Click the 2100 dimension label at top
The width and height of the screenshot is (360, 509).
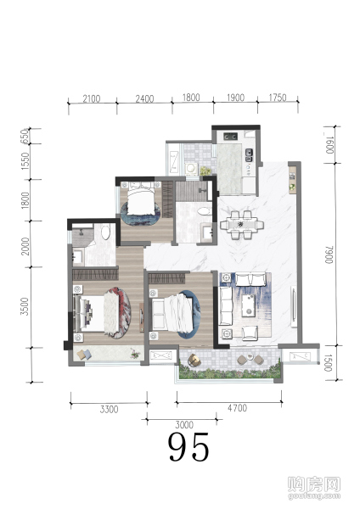tap(92, 98)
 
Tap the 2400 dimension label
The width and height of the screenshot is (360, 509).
tap(144, 98)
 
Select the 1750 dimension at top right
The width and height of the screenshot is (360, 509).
tap(278, 98)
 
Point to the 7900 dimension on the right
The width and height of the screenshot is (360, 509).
tap(329, 255)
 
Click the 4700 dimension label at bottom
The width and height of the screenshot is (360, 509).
tap(237, 408)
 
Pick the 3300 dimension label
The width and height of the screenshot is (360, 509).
tap(109, 410)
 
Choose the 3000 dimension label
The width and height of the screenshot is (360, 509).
tap(184, 425)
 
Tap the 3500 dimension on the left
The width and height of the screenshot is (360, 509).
tap(25, 306)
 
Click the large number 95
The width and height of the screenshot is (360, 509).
tap(188, 447)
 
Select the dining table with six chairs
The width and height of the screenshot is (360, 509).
tap(242, 225)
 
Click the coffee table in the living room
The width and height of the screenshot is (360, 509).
tap(250, 305)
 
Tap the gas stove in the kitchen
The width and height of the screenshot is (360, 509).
tap(230, 137)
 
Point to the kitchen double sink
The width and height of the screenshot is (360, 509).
tap(249, 155)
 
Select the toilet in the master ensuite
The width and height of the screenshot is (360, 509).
tap(106, 232)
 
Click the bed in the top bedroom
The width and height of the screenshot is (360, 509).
tap(141, 198)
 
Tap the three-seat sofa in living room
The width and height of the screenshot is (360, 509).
tap(226, 305)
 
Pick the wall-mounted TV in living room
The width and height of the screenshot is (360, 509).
tap(294, 305)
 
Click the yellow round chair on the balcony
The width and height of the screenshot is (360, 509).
tap(194, 360)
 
